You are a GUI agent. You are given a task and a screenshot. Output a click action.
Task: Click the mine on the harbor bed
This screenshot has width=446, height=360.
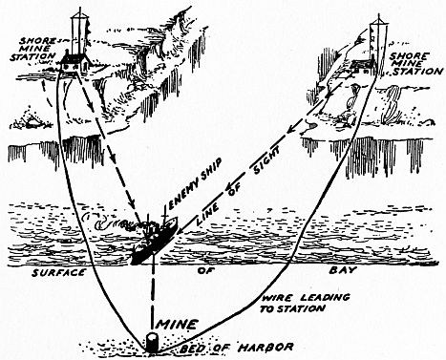pyautogui.click(x=152, y=342)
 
